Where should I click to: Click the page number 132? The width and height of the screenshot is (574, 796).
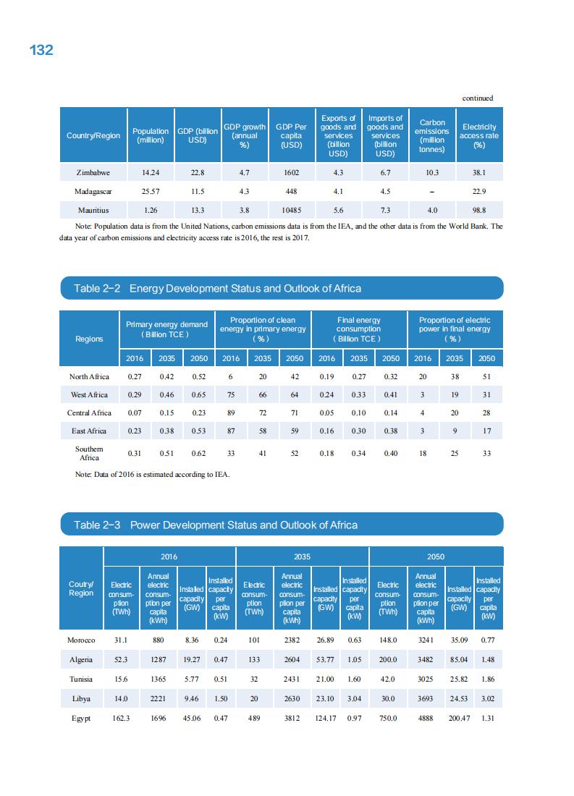click(x=41, y=50)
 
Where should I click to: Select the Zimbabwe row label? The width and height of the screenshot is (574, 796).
click(x=93, y=173)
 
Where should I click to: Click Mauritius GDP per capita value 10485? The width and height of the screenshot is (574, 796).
click(x=291, y=210)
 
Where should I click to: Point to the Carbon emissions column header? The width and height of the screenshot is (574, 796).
click(x=432, y=136)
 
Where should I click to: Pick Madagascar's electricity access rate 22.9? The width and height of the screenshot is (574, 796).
click(x=478, y=192)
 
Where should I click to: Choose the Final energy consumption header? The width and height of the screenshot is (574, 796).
click(x=358, y=329)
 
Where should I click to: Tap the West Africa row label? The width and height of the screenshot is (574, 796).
click(x=88, y=394)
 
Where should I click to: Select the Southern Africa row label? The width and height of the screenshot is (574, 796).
click(x=89, y=453)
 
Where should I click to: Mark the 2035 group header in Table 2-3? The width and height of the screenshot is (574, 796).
click(x=302, y=556)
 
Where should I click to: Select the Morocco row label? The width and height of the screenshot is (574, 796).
click(x=81, y=640)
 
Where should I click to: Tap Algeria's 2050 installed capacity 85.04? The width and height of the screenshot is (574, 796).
click(x=458, y=661)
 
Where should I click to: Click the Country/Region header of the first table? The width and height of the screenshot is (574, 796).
click(x=93, y=136)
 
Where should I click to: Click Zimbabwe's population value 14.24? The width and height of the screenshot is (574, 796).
click(x=151, y=173)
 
